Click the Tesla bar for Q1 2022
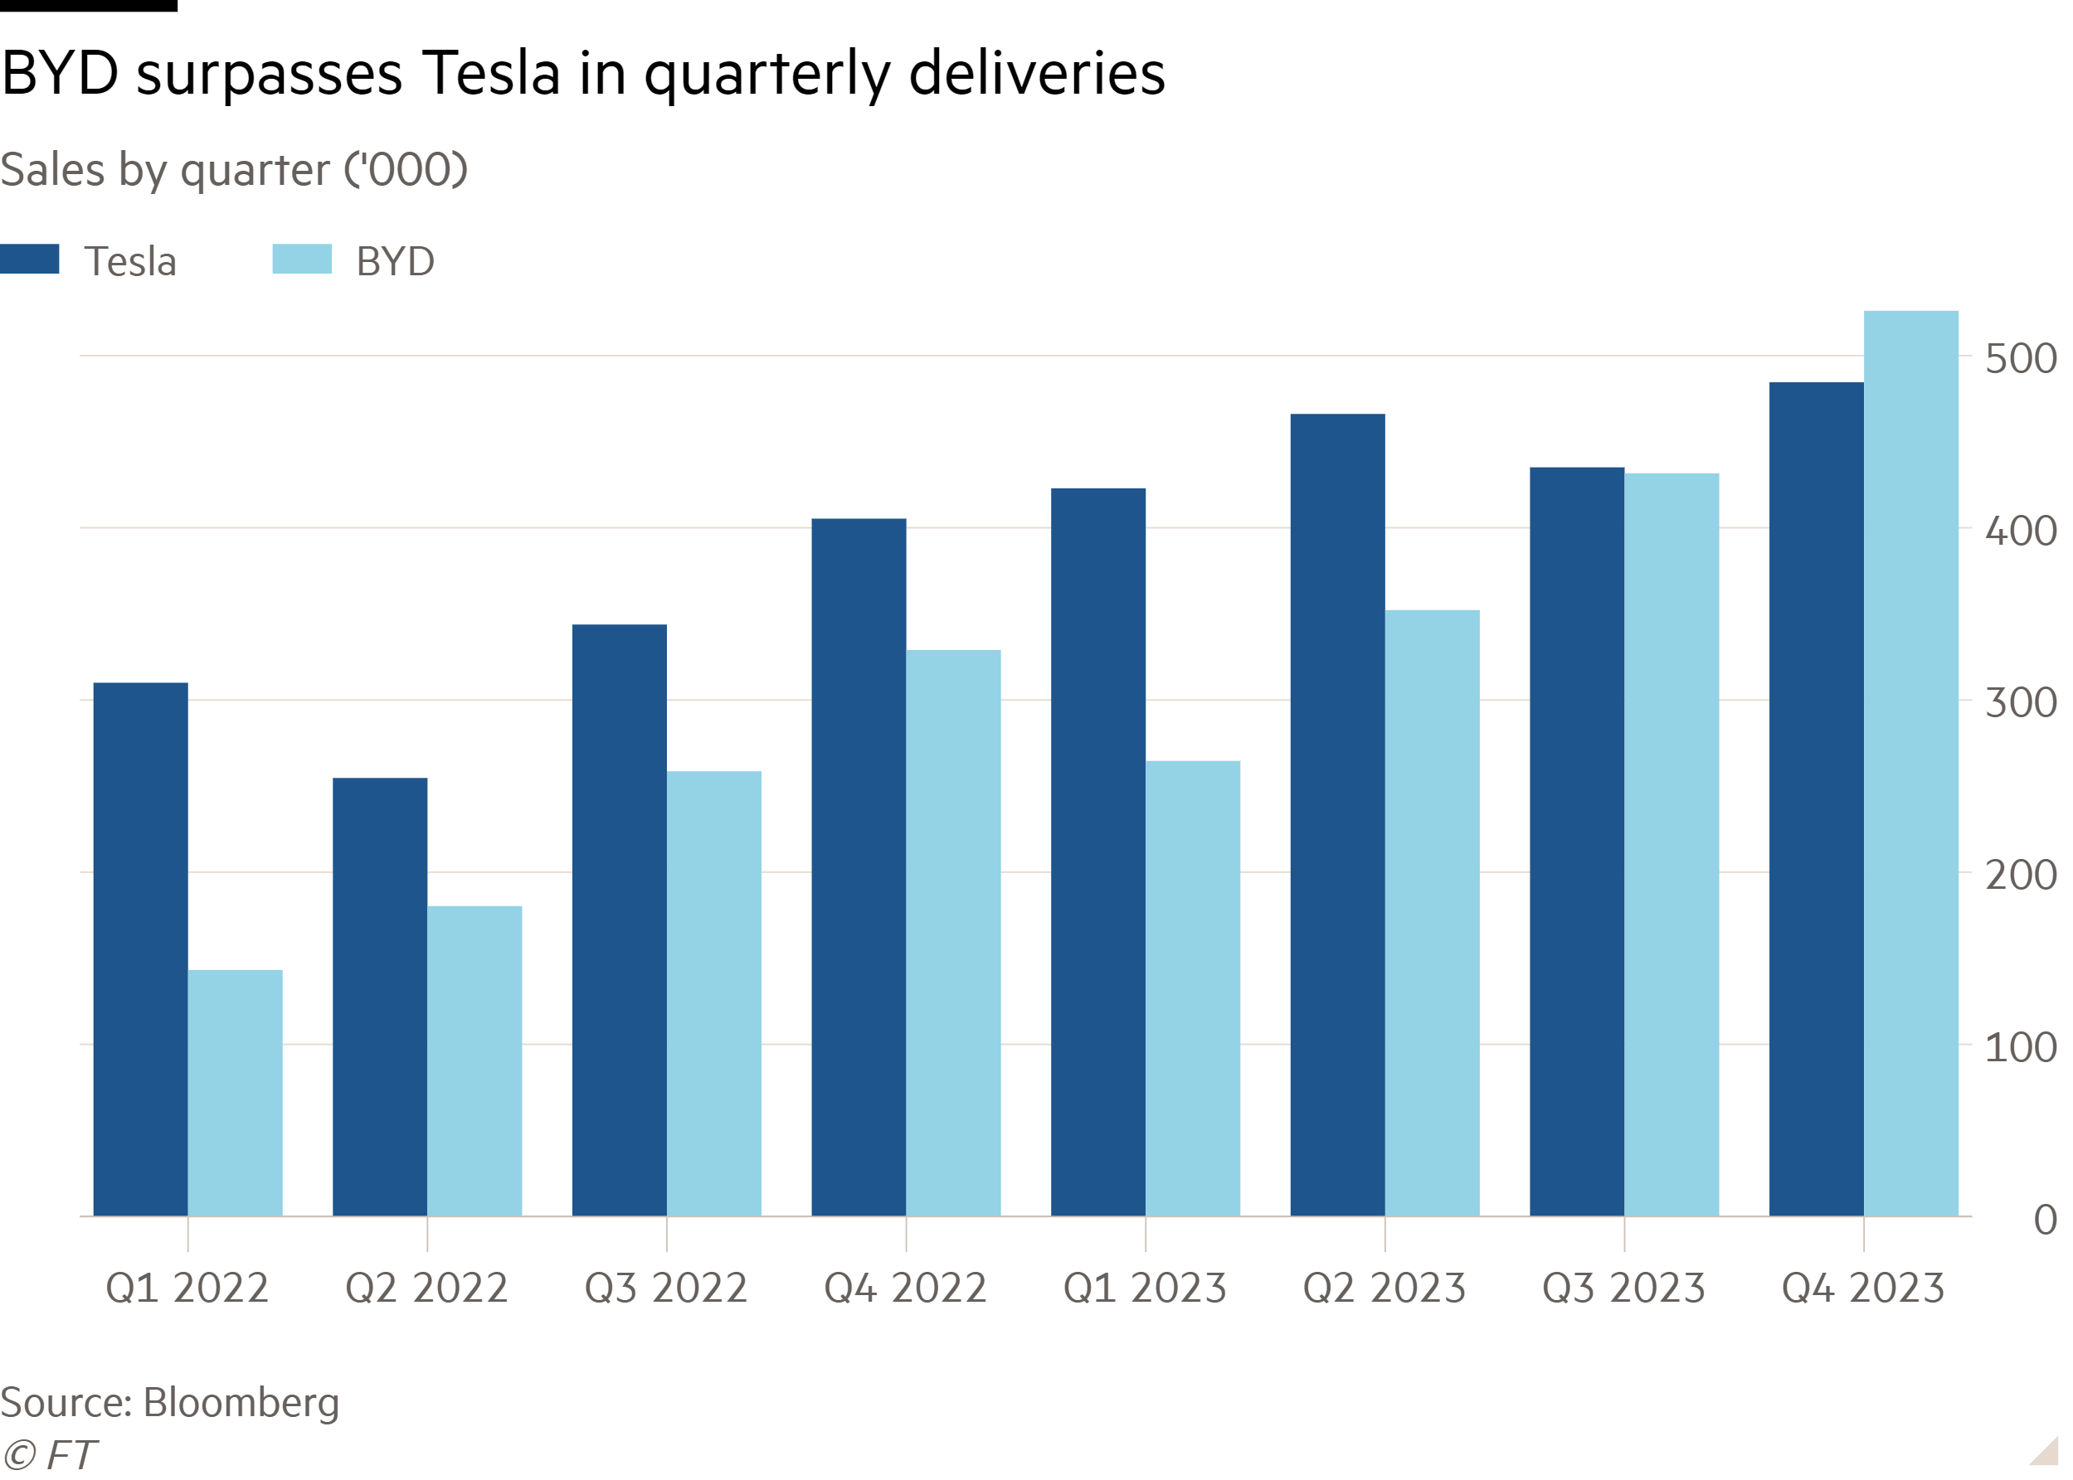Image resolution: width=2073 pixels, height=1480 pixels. [x=140, y=949]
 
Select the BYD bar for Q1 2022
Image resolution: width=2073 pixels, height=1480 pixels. [x=236, y=1093]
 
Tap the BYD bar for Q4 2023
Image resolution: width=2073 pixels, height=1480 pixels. [x=1910, y=763]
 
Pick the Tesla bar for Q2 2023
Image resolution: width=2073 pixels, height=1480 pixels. [x=1337, y=815]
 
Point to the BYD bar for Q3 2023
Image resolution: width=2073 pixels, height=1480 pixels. [x=1672, y=844]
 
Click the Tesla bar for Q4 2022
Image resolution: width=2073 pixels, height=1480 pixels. [x=859, y=866]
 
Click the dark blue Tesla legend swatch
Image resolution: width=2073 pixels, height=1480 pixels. [x=30, y=259]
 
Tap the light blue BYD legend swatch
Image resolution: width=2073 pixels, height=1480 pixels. [x=302, y=259]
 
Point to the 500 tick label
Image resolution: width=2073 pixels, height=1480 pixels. [x=2020, y=359]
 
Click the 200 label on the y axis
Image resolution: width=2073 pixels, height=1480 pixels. [x=2020, y=876]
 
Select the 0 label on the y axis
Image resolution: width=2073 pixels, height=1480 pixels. [x=2045, y=1220]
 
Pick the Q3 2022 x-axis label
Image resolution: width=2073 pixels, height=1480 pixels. [x=665, y=1288]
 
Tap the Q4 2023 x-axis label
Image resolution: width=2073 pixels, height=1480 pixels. [x=1862, y=1288]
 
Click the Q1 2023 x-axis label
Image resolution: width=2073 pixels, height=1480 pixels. [x=1144, y=1288]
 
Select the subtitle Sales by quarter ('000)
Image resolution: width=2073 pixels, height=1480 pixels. [x=233, y=171]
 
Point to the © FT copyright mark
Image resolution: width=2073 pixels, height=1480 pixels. [x=49, y=1454]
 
